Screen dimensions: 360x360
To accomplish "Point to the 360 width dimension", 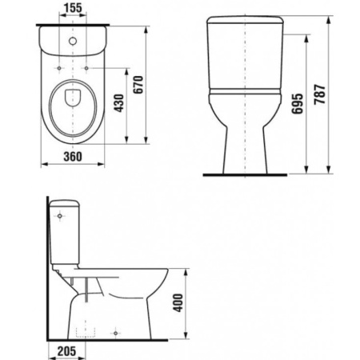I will point(73,157).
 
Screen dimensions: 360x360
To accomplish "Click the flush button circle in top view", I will point(73,38).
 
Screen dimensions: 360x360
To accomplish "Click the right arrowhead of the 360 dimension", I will point(104,166).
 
